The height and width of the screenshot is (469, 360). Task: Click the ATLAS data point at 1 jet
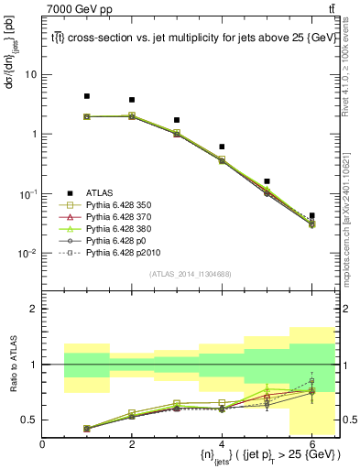pyautogui.click(x=87, y=96)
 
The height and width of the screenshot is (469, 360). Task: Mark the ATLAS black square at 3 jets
pyautogui.click(x=177, y=120)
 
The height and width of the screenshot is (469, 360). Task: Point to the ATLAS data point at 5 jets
pyautogui.click(x=267, y=181)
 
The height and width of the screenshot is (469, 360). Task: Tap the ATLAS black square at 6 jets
pyautogui.click(x=311, y=216)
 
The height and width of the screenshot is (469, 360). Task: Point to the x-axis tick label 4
pyautogui.click(x=222, y=444)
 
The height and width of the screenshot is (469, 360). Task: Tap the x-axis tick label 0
pyautogui.click(x=43, y=444)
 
